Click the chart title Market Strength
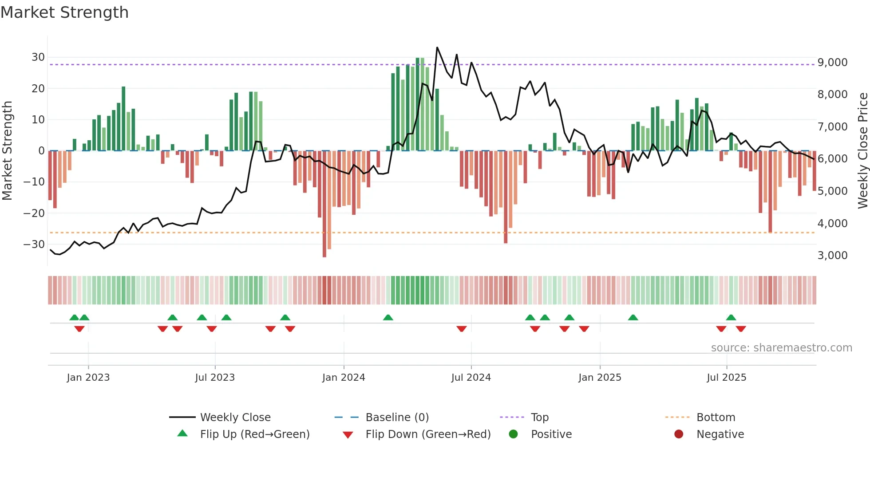(64, 12)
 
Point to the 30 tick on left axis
(38, 57)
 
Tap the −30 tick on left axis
(35, 244)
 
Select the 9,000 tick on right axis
(832, 63)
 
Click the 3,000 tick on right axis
(832, 256)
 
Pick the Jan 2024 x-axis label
(344, 378)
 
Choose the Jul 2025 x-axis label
(726, 378)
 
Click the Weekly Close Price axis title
(862, 151)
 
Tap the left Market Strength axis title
(7, 151)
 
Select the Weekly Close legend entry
(235, 418)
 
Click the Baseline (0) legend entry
(397, 418)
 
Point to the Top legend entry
(539, 418)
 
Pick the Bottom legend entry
(716, 418)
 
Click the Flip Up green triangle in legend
(182, 434)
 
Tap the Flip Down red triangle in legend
(348, 435)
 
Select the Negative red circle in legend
(679, 434)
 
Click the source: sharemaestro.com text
(781, 348)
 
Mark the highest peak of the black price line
(437, 47)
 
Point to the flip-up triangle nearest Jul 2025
(731, 317)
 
